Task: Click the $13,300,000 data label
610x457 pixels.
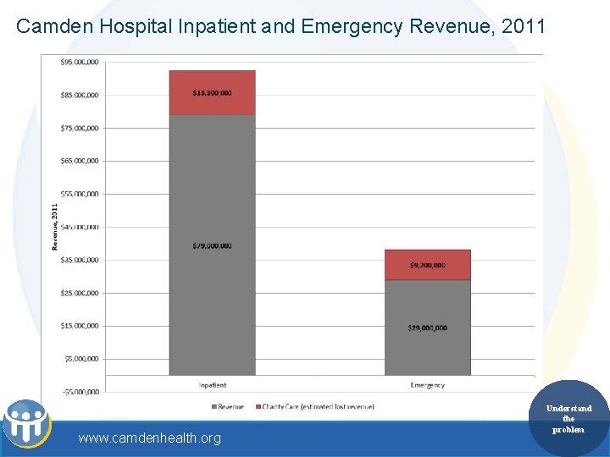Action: point(212,93)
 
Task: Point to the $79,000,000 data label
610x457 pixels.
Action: point(212,246)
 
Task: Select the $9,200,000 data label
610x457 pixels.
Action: point(427,266)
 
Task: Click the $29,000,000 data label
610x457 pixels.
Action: point(427,328)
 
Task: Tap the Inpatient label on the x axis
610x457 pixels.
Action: point(212,385)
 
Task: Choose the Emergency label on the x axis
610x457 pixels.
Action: point(427,385)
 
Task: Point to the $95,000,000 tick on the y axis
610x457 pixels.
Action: point(79,62)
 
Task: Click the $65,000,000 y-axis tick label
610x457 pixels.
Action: point(79,161)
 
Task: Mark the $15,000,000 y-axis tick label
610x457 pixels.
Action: point(79,326)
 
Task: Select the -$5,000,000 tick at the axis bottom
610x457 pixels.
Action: point(79,392)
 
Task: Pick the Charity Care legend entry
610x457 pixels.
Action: point(318,407)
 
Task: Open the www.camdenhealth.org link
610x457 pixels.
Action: point(149,438)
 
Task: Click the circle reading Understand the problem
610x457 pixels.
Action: point(568,419)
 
